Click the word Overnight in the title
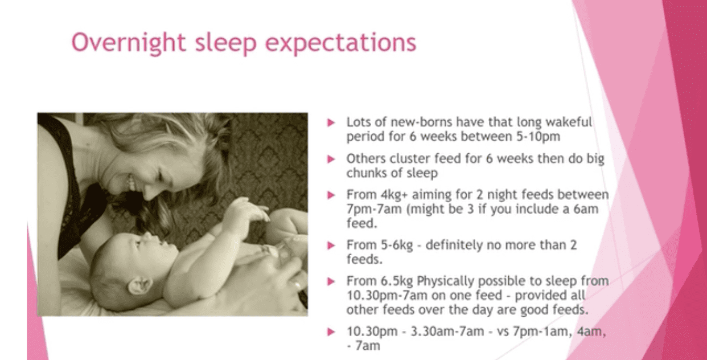click(129, 43)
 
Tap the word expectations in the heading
click(341, 43)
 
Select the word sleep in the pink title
click(225, 43)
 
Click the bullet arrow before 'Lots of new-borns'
click(331, 122)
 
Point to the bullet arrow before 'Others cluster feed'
click(331, 159)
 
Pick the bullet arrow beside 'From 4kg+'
click(331, 195)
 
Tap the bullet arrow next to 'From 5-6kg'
click(331, 246)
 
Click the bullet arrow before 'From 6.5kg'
click(331, 281)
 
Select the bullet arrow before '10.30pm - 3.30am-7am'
click(331, 332)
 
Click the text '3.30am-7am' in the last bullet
click(447, 332)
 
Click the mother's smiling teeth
click(130, 182)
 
